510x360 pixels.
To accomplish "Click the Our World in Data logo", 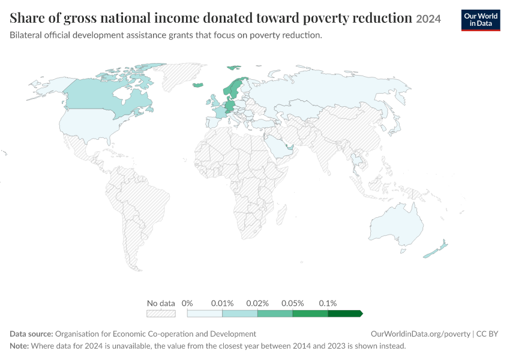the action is click(481, 20).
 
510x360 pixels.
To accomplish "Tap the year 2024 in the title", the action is click(428, 19).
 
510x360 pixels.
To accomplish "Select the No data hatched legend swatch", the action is click(161, 313).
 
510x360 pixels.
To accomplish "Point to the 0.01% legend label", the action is click(222, 304).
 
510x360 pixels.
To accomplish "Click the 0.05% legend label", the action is click(292, 304).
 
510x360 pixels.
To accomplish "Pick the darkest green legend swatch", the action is click(345, 313).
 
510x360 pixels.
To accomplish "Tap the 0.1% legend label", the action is click(328, 304).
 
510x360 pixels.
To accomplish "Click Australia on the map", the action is click(397, 226).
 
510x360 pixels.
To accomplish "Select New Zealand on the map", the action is click(436, 250).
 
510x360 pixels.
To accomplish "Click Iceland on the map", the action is click(198, 85).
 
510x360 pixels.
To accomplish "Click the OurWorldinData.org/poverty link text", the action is click(421, 334).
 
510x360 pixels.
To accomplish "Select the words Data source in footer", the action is click(31, 334).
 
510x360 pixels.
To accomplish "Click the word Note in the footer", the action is click(19, 346).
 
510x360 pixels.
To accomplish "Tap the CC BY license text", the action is click(487, 334).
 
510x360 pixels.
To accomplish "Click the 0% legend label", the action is click(187, 304).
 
